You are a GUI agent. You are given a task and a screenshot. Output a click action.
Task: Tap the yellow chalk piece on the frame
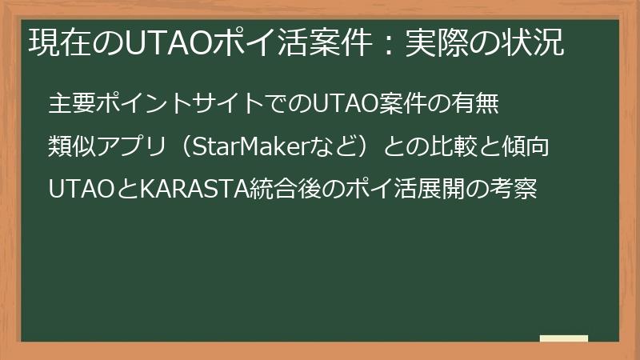564,338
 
